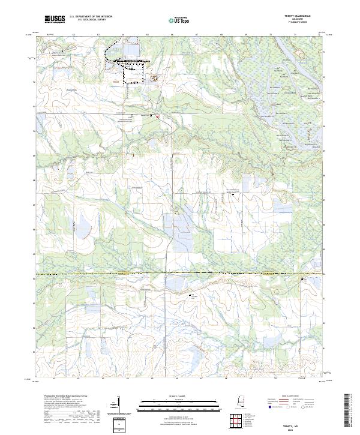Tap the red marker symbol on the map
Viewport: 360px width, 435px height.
[x=157, y=116]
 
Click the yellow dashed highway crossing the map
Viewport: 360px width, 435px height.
[x=180, y=274]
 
